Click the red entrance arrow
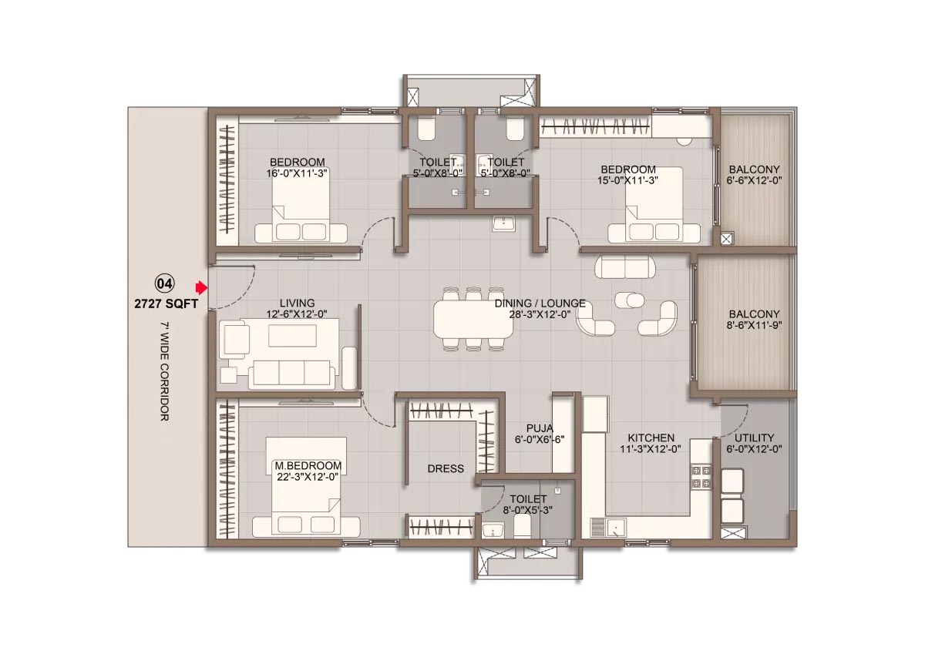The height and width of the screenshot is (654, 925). (x=201, y=287)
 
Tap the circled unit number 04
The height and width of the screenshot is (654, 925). (x=164, y=283)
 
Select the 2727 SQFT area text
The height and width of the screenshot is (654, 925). (x=166, y=304)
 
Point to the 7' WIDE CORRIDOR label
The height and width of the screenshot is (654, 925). (x=165, y=371)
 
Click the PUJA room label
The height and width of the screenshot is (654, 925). (x=540, y=428)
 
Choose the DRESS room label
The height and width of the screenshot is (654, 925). (x=446, y=468)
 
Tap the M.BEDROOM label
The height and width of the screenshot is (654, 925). (x=308, y=465)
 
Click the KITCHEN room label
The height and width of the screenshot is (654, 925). (x=651, y=438)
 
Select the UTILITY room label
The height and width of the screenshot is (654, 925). (x=754, y=438)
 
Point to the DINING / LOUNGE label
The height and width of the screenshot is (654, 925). (x=540, y=304)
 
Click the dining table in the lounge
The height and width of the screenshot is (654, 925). (x=473, y=319)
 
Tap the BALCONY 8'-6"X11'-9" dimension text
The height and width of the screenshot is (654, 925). (x=754, y=325)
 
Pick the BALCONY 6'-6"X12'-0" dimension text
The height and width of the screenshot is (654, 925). (x=754, y=180)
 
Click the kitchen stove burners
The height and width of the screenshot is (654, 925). (x=701, y=477)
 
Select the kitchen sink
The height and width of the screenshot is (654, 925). (x=608, y=528)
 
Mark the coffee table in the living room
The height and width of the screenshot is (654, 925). (x=292, y=335)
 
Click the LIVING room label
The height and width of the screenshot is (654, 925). (x=297, y=304)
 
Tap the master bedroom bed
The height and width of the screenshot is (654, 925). (x=306, y=487)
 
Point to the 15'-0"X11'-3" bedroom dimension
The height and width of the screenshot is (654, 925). (x=627, y=180)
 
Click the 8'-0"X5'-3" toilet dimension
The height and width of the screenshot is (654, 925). (x=528, y=511)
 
